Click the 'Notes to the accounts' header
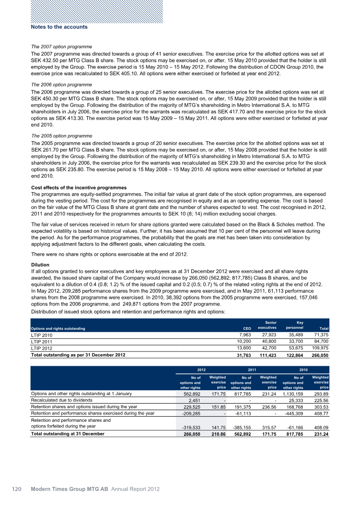tap(59, 27)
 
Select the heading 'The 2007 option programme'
tap(61, 47)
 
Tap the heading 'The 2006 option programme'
tap(61, 85)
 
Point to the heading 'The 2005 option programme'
tap(61, 135)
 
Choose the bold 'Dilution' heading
tap(40, 265)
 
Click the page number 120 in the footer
tap(17, 489)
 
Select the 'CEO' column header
tap(247, 329)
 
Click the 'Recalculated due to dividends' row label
tap(62, 400)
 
